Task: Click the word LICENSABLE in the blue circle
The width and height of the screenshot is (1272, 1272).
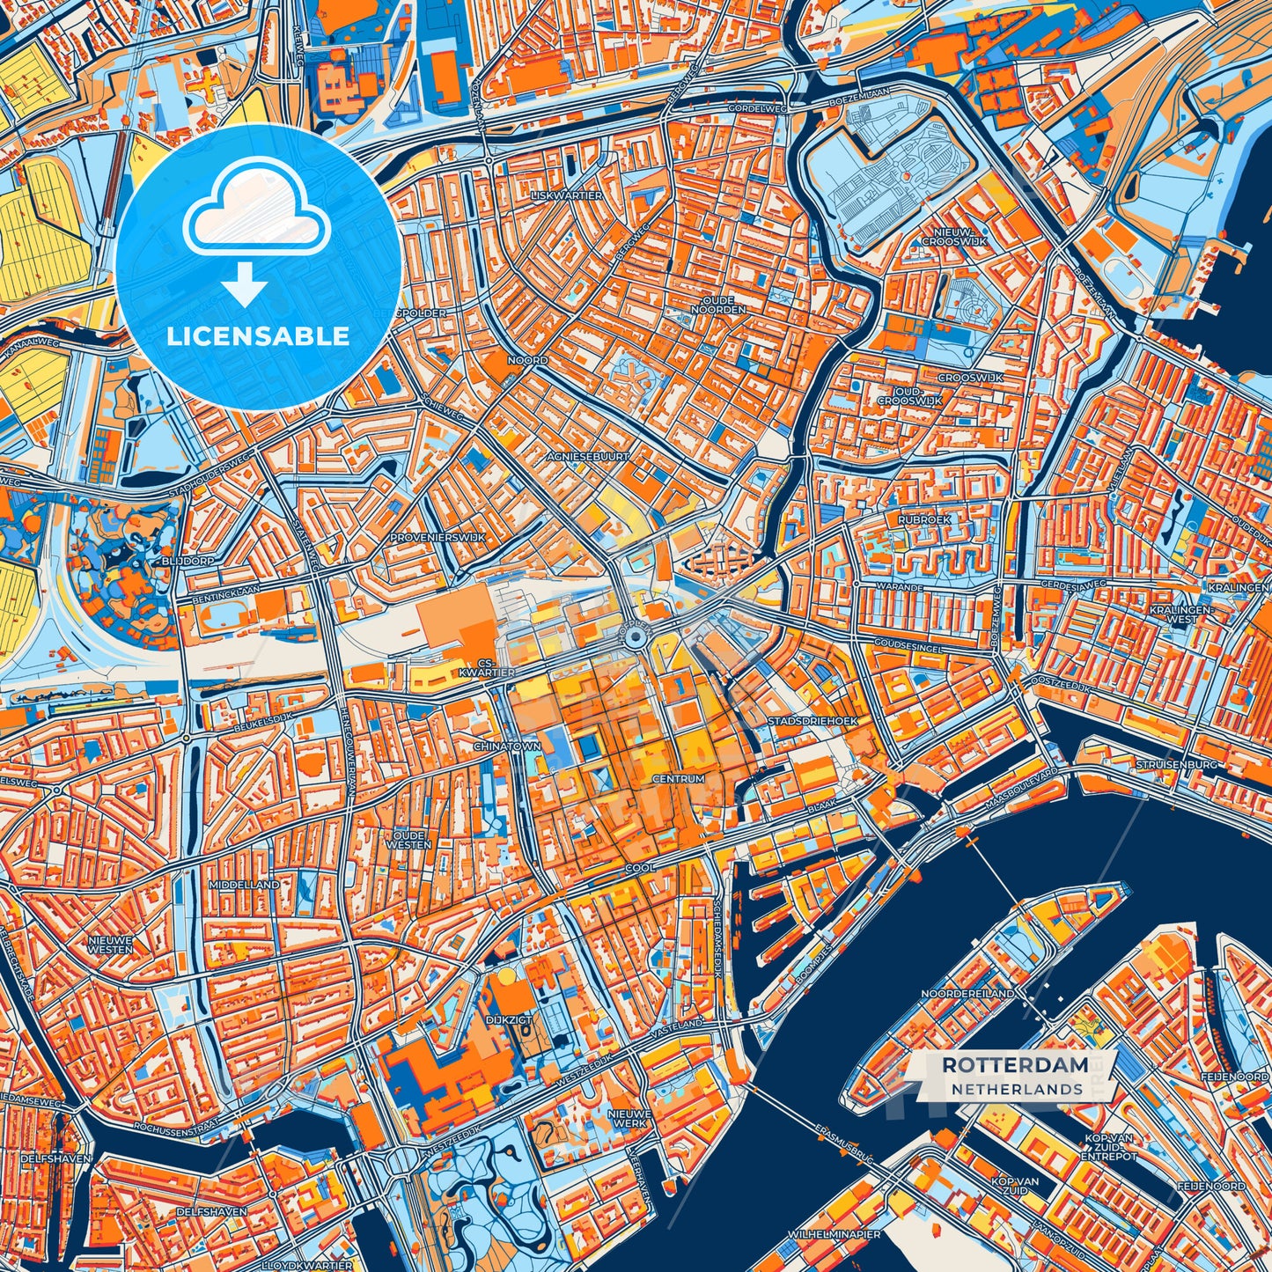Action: (x=259, y=336)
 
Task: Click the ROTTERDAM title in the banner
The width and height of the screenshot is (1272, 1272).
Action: (x=1014, y=1064)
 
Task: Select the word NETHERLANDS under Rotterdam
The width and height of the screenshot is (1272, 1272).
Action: (x=1016, y=1089)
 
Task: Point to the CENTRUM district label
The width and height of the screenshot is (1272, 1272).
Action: (x=678, y=779)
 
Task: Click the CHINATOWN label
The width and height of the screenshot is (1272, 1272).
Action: (x=507, y=746)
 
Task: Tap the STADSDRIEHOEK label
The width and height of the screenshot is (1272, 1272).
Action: (x=812, y=721)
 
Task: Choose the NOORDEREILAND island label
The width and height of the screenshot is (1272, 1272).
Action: (x=967, y=993)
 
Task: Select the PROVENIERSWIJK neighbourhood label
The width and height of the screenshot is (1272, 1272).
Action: (x=437, y=537)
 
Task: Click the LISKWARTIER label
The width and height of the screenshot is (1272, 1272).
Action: (x=567, y=195)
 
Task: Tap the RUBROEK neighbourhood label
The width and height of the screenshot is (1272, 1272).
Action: (x=924, y=520)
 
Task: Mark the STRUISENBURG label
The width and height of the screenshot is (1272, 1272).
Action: (x=1176, y=764)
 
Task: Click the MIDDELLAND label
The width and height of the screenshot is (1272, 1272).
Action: (x=244, y=884)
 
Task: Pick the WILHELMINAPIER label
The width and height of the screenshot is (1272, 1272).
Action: (x=835, y=1234)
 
